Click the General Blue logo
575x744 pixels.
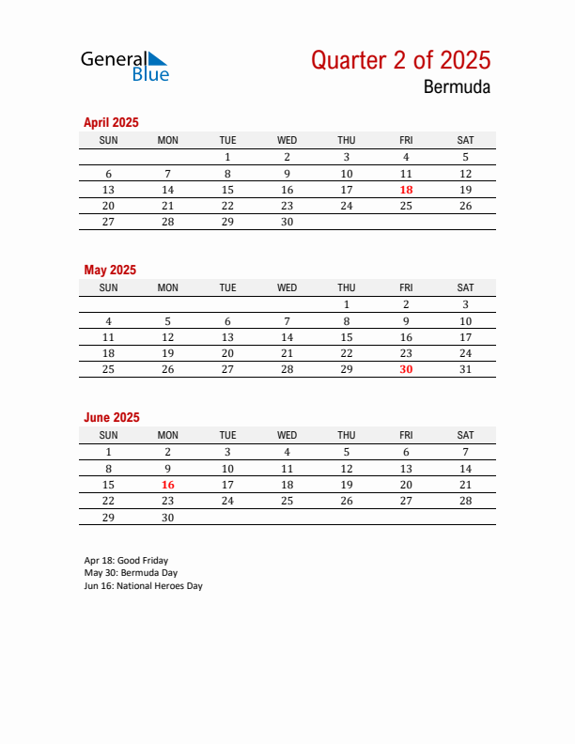click(x=125, y=65)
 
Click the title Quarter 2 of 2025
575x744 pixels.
click(x=400, y=60)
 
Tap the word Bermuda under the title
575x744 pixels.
click(x=456, y=88)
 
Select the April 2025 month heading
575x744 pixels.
click(x=111, y=122)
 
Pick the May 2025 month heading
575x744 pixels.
click(x=110, y=270)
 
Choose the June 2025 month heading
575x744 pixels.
click(x=111, y=417)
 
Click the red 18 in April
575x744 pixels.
click(x=406, y=189)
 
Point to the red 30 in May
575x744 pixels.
click(x=406, y=369)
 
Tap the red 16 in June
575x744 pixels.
click(x=168, y=485)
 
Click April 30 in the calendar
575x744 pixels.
click(x=287, y=222)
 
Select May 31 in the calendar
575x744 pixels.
click(x=465, y=369)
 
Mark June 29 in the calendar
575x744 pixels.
click(x=108, y=518)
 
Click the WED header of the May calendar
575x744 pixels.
click(x=287, y=287)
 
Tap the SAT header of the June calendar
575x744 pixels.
click(x=465, y=435)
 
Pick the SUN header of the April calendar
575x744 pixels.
click(x=108, y=140)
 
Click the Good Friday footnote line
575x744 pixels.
click(x=126, y=560)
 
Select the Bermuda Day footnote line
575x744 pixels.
click(x=131, y=572)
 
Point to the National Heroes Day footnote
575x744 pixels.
click(x=143, y=585)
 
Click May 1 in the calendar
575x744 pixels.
click(x=347, y=303)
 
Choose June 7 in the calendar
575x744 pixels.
click(x=465, y=451)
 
